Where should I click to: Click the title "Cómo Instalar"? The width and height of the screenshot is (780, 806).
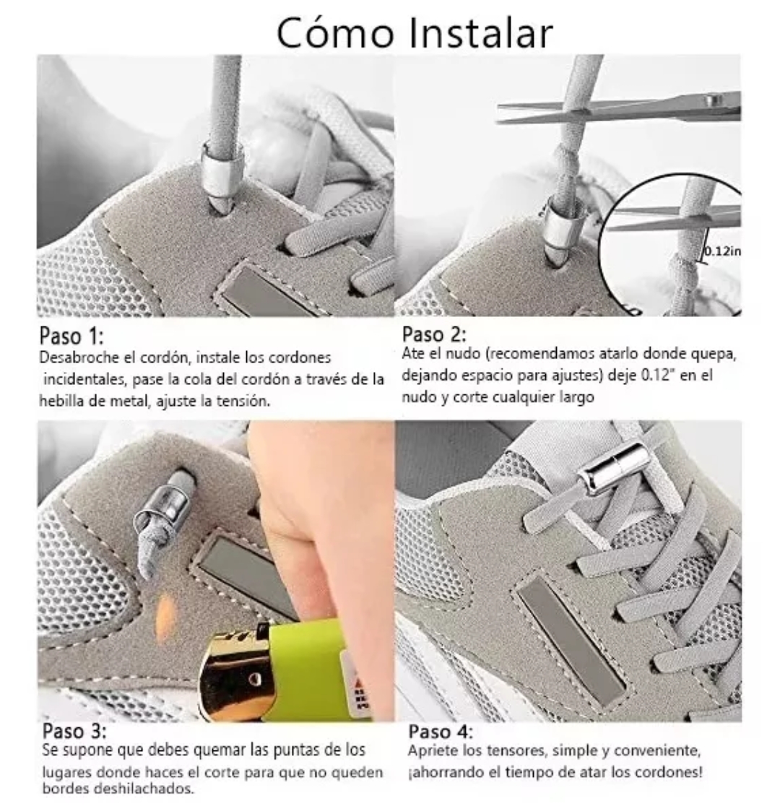[x=415, y=31]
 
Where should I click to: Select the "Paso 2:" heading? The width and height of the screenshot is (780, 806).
[x=434, y=334]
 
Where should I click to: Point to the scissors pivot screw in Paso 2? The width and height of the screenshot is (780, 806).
[x=715, y=101]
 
